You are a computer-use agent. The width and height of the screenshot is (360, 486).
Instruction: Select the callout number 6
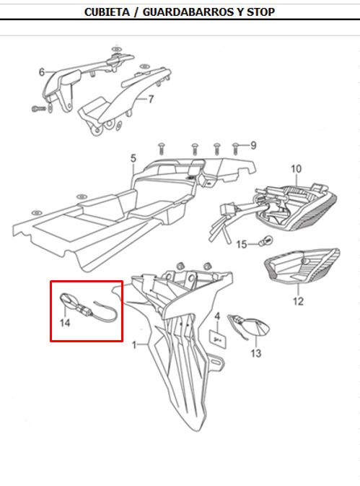pyautogui.click(x=41, y=72)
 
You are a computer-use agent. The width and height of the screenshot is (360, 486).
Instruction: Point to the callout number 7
pyautogui.click(x=151, y=99)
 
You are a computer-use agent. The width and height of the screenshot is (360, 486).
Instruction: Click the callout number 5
pyautogui.click(x=133, y=157)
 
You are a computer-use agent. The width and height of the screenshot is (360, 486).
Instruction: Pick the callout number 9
pyautogui.click(x=254, y=146)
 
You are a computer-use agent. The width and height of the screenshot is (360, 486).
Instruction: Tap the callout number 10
pyautogui.click(x=296, y=170)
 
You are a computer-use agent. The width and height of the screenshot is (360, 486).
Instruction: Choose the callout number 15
pyautogui.click(x=242, y=244)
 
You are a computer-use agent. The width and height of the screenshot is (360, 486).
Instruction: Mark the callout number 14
pyautogui.click(x=65, y=323)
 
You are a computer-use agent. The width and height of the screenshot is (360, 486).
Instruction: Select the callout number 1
pyautogui.click(x=133, y=346)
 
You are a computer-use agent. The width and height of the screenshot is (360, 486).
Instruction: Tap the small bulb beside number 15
pyautogui.click(x=265, y=241)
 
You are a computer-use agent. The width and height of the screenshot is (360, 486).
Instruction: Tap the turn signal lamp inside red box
pyautogui.click(x=71, y=298)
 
